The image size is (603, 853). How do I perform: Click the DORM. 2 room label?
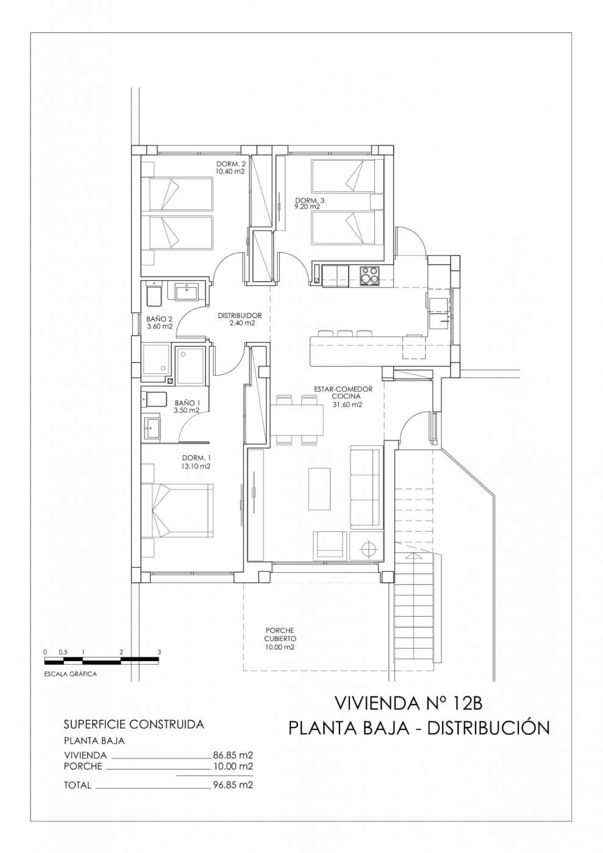coord(230,164)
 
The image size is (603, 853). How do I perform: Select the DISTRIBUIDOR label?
coord(240,316)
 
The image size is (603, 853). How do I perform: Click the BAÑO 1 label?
coord(187,403)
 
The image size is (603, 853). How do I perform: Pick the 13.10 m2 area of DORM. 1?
coord(196,467)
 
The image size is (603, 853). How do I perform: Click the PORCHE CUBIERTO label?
coord(280,634)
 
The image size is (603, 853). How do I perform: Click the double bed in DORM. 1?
coord(178,511)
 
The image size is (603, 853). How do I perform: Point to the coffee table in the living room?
coord(320,489)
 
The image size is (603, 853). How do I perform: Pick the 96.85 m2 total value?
coord(233,785)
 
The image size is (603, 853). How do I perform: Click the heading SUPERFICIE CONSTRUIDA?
coord(134,724)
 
